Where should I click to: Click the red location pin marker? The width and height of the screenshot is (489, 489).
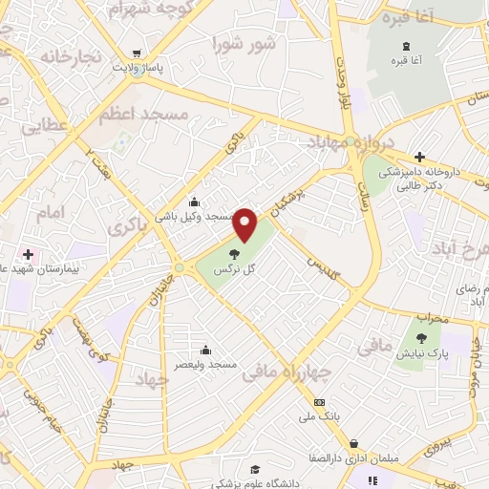(x=245, y=223)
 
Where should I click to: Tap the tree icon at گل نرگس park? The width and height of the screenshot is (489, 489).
(x=234, y=253)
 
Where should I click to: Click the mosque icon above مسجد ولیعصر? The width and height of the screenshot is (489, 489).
(x=206, y=350)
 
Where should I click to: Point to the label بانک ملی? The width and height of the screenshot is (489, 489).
(x=318, y=416)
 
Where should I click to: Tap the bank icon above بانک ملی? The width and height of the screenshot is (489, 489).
(x=318, y=402)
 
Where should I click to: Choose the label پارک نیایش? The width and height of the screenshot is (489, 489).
(x=424, y=353)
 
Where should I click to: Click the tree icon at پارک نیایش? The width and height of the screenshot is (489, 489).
(x=421, y=336)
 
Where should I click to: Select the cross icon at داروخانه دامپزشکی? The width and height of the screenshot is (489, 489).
(x=418, y=157)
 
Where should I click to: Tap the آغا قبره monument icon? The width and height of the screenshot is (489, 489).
(x=408, y=48)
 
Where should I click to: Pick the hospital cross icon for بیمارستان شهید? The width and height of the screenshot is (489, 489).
(x=29, y=255)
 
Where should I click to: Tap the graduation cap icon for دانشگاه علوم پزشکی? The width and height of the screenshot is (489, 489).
(x=255, y=469)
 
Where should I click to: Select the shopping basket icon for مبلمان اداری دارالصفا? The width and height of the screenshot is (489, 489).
(x=355, y=444)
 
